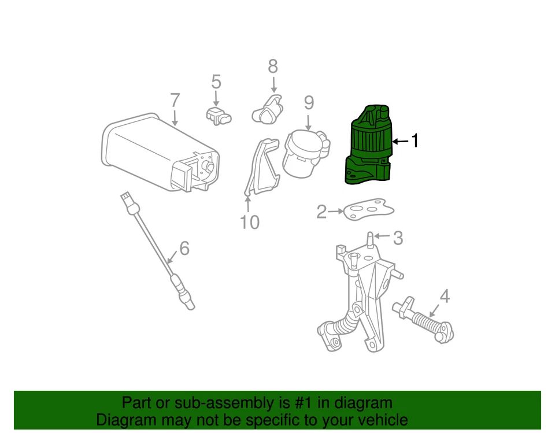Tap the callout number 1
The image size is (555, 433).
413,140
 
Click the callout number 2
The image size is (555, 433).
321,212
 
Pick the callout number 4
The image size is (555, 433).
444,296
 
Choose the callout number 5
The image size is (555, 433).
216,82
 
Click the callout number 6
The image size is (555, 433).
184,249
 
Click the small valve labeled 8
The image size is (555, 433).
267,108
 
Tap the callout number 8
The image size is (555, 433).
273,66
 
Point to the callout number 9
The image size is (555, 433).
309,103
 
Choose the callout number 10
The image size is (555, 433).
250,222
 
